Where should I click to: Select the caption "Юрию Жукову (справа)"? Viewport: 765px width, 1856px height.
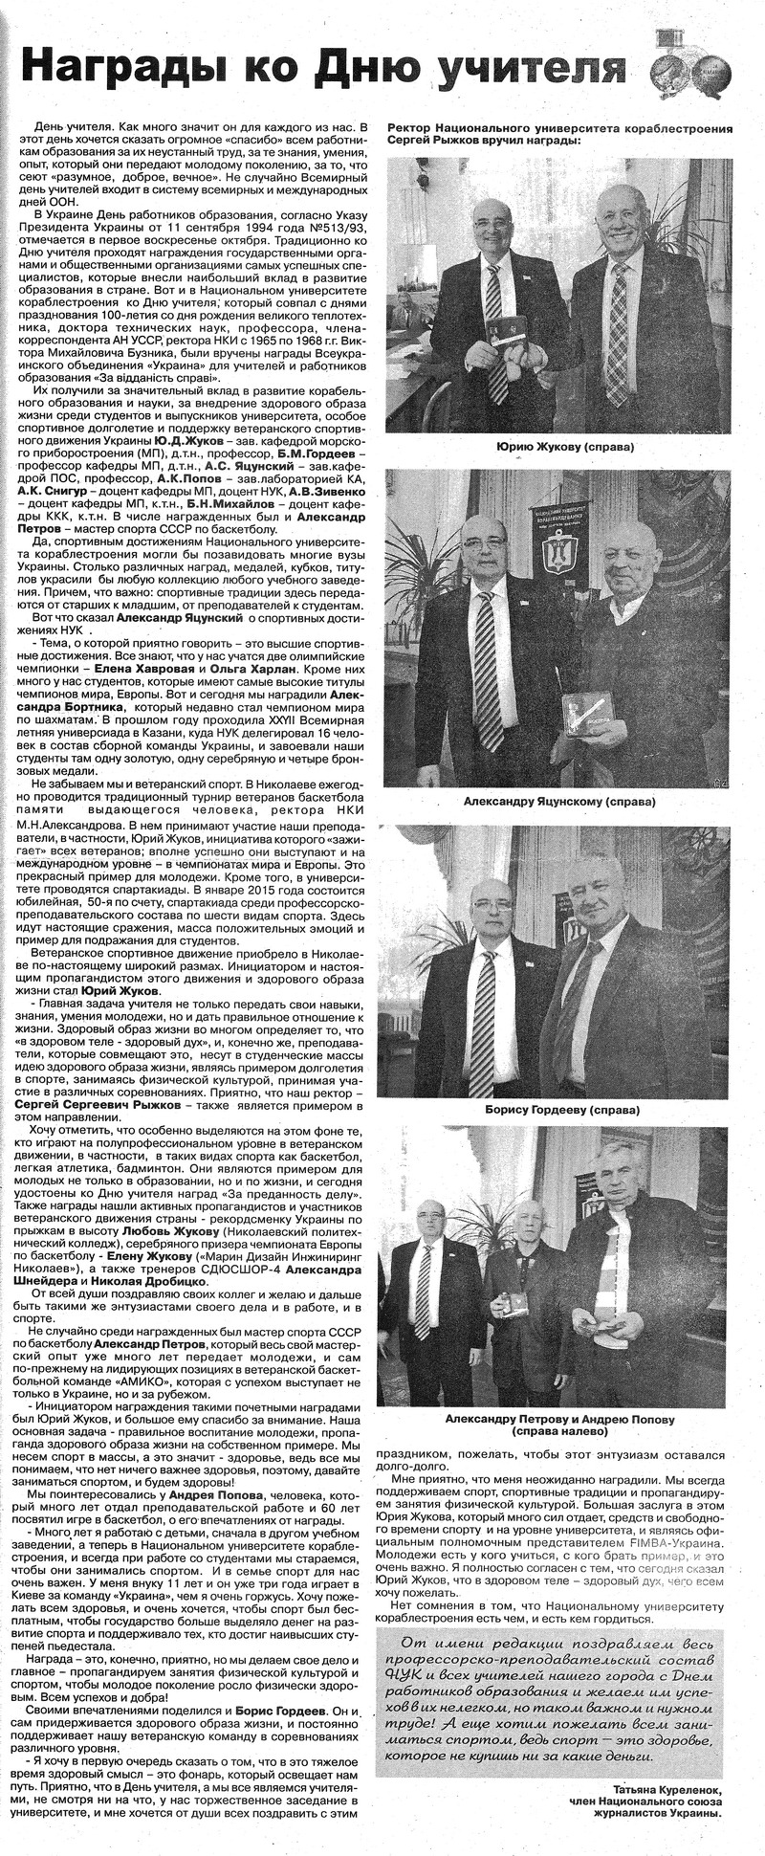click(565, 447)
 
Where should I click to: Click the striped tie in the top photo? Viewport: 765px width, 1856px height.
click(494, 325)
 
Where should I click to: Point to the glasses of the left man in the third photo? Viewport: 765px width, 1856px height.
click(492, 903)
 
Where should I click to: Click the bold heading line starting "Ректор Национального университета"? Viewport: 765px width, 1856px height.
click(559, 127)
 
